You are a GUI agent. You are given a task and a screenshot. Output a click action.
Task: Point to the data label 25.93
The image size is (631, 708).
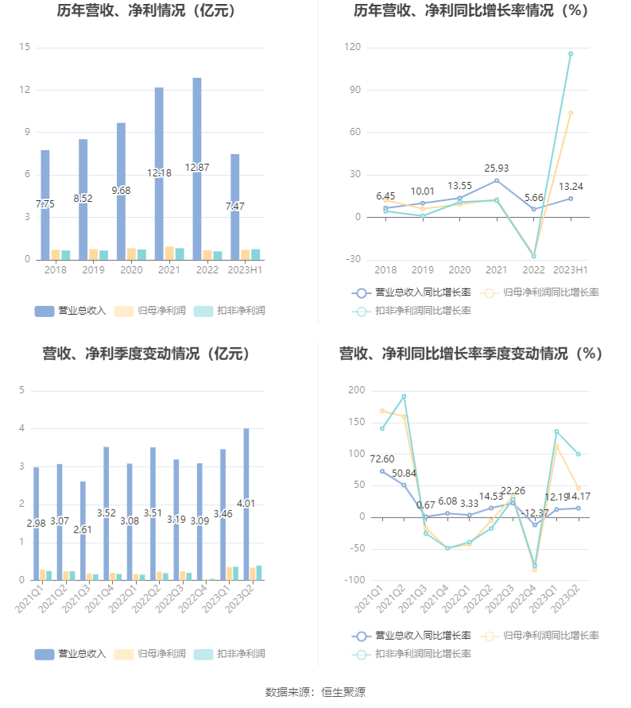pyautogui.click(x=497, y=168)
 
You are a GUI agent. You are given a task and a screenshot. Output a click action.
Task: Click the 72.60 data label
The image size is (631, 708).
pyautogui.click(x=382, y=459)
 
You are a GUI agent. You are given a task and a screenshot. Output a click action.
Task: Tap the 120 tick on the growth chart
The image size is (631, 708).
pyautogui.click(x=353, y=48)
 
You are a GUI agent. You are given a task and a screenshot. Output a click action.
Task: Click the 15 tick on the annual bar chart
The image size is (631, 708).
pyautogui.click(x=25, y=48)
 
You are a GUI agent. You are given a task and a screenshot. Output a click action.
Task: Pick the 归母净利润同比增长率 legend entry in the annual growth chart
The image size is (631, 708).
pyautogui.click(x=540, y=292)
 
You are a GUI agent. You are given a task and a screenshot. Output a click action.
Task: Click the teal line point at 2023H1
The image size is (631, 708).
pyautogui.click(x=570, y=54)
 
